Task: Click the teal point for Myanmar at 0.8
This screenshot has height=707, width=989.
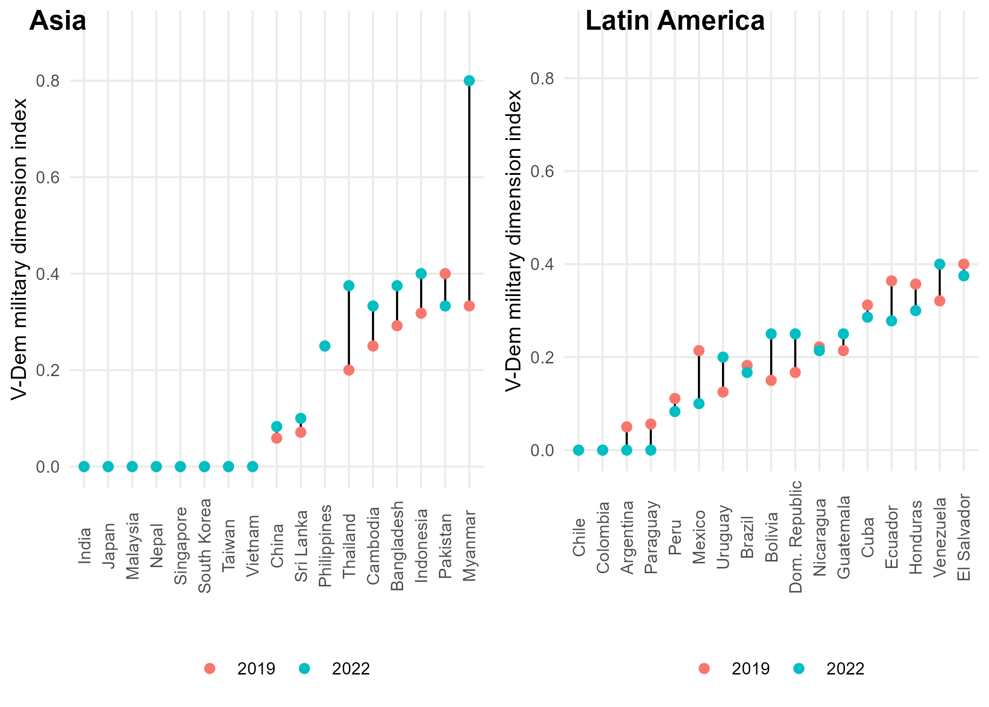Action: pyautogui.click(x=469, y=81)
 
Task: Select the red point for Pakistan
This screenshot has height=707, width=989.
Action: pyautogui.click(x=445, y=273)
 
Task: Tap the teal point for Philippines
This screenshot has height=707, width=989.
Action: pyautogui.click(x=324, y=346)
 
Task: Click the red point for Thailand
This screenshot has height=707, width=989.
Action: pyautogui.click(x=349, y=370)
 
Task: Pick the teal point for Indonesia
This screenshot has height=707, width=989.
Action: pyautogui.click(x=421, y=273)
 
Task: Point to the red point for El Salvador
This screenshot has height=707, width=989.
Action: pyautogui.click(x=964, y=264)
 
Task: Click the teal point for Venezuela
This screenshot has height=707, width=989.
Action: pyautogui.click(x=940, y=264)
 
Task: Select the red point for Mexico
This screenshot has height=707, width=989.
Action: pyautogui.click(x=699, y=350)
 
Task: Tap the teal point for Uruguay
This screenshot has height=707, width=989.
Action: pyautogui.click(x=723, y=357)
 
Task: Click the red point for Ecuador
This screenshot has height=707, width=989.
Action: pyautogui.click(x=892, y=281)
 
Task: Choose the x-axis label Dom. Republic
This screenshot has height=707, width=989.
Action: pyautogui.click(x=795, y=536)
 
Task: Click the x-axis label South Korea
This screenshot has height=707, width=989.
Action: pyautogui.click(x=204, y=546)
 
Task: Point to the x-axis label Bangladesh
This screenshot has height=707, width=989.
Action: pyautogui.click(x=397, y=546)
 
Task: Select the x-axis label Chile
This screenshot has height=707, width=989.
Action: pyautogui.click(x=579, y=537)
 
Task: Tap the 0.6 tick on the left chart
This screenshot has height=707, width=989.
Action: pyautogui.click(x=48, y=177)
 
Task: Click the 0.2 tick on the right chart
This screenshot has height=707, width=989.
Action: pyautogui.click(x=543, y=357)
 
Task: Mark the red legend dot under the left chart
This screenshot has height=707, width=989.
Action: pyautogui.click(x=210, y=668)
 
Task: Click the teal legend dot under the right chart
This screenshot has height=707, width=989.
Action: pyautogui.click(x=799, y=668)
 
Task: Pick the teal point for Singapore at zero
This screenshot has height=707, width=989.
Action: pyautogui.click(x=180, y=467)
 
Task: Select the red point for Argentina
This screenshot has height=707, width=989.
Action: pyautogui.click(x=627, y=427)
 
